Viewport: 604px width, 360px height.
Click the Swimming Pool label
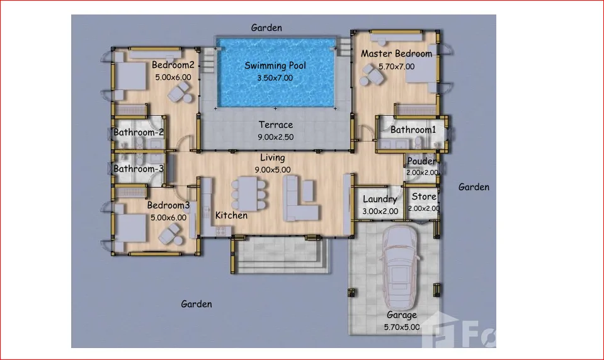tap(275, 66)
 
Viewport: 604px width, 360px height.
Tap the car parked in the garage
tap(400, 267)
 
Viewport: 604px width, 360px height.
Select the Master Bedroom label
tap(396, 53)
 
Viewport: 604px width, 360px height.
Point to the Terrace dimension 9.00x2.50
tap(275, 137)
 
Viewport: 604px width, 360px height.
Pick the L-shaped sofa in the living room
tap(300, 198)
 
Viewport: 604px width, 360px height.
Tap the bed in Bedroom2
tap(131, 76)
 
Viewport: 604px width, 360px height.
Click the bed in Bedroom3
tap(131, 228)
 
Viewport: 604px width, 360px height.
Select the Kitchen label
tap(231, 216)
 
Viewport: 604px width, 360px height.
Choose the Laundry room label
tap(380, 199)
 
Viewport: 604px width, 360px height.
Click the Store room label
tap(424, 197)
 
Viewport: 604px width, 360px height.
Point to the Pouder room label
tap(421, 161)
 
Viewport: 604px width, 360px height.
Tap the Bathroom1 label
tap(413, 130)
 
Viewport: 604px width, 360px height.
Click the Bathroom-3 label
tap(139, 169)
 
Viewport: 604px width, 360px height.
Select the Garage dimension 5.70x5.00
tap(402, 327)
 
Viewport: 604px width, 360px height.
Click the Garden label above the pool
tap(266, 28)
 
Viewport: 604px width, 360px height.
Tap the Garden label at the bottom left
tap(197, 304)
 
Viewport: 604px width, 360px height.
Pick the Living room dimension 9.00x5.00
tap(273, 170)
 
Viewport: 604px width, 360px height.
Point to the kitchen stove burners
tap(220, 231)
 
